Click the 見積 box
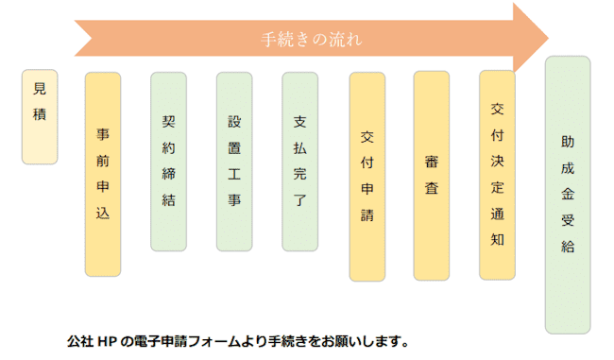pos(40,116)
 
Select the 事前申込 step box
pos(103,175)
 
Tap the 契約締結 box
pos(168,162)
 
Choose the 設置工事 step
pos(234,162)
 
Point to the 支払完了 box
pos(299,162)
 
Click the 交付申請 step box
pos(367,177)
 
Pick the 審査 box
pos(432,175)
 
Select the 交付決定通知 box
pos(497,175)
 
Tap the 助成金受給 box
pos(568,195)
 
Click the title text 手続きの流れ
pos(312,40)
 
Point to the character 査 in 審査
pos(432,188)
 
